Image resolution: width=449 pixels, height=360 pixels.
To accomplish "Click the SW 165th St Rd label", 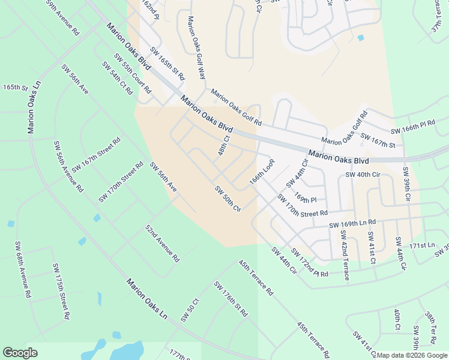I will tap(167, 64).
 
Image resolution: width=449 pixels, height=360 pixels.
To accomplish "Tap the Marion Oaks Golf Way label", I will tap(196, 48).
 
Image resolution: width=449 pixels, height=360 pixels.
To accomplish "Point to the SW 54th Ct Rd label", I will tap(117, 78).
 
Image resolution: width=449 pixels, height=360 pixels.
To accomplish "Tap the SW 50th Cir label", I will tap(228, 199).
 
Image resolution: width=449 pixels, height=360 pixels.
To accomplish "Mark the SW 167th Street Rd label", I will tap(96, 154).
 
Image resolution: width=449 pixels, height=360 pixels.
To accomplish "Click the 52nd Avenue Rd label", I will tap(162, 244).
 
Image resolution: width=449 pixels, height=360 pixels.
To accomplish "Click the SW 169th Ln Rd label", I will tap(352, 224).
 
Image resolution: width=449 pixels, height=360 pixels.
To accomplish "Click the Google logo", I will tap(20, 353).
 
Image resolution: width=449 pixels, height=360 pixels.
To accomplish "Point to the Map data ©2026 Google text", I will tap(412, 355).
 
